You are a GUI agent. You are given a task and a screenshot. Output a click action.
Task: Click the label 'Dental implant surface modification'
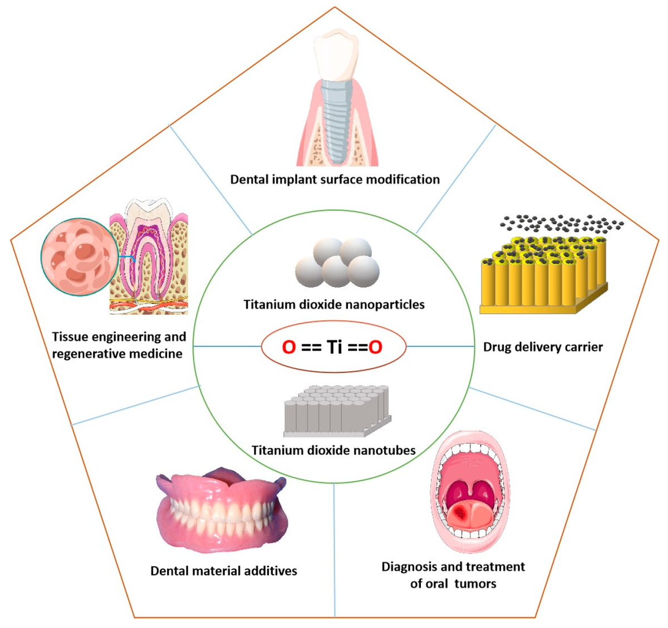[335, 179]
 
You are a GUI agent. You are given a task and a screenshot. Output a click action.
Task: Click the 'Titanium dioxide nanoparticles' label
[334, 304]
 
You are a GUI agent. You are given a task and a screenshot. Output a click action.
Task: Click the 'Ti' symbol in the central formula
[334, 347]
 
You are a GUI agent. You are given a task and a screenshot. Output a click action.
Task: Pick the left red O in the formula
[288, 347]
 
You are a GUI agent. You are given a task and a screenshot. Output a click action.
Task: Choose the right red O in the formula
[376, 347]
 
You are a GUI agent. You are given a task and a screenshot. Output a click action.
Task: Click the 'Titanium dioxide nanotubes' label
[333, 450]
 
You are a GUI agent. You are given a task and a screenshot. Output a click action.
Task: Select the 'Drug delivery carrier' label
[543, 347]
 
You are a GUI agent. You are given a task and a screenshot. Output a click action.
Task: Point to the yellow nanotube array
[543, 273]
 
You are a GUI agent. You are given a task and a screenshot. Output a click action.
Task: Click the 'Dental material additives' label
[224, 571]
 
